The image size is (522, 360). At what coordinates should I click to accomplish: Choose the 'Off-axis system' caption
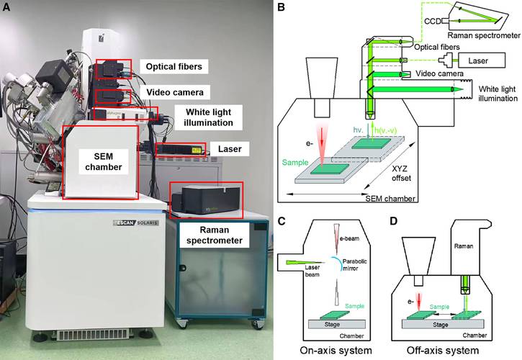453,351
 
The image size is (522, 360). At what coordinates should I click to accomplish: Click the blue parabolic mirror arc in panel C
335,264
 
